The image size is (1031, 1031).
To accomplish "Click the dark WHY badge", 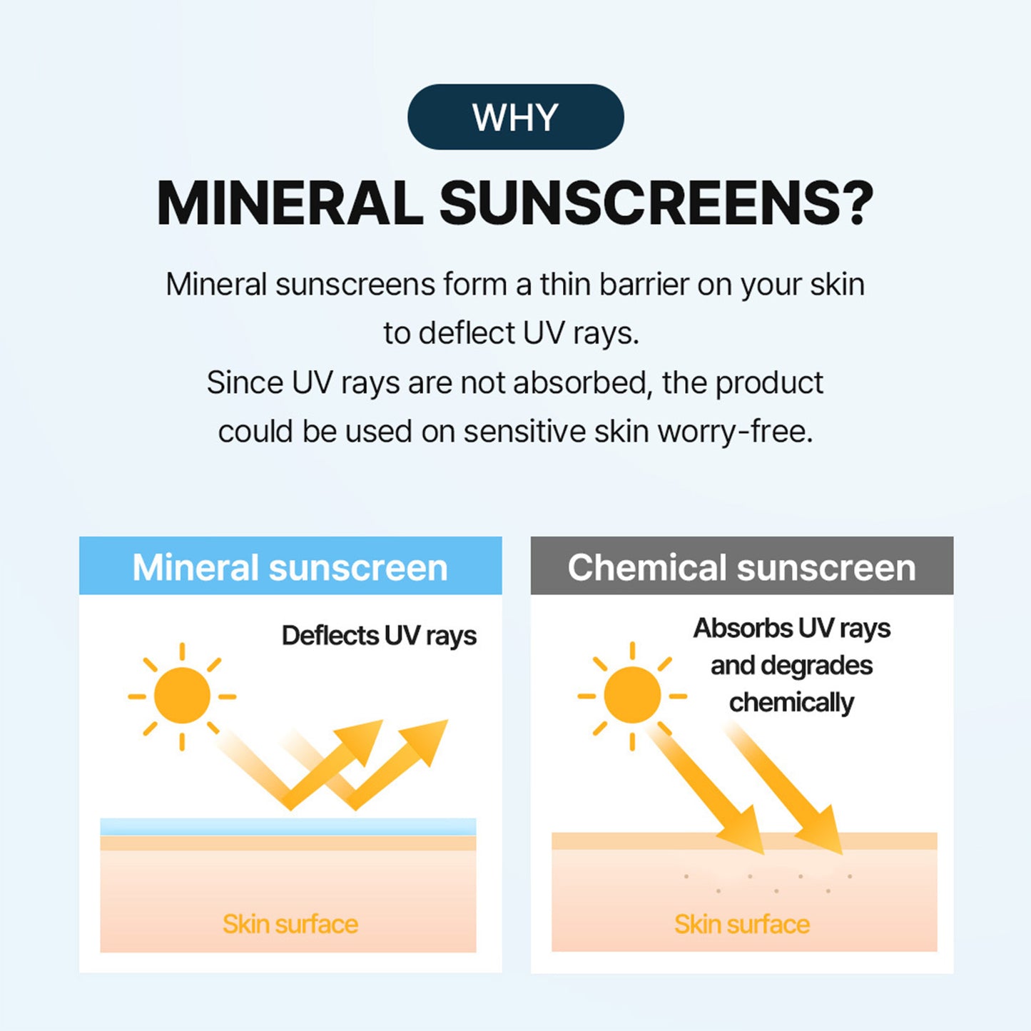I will [515, 117].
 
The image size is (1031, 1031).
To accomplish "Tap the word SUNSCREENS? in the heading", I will [656, 203].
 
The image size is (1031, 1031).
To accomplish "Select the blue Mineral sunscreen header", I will [290, 567].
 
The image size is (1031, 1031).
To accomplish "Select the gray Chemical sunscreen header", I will [741, 567].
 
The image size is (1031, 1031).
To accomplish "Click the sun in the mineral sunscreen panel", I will [182, 696].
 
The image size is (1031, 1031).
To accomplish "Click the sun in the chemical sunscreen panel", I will [632, 696].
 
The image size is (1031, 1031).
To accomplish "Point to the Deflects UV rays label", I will [379, 636].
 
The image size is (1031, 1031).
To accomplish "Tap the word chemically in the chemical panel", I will [791, 703].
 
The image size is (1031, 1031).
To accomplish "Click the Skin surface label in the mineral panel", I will [290, 924].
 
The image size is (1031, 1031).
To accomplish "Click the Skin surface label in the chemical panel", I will [742, 924].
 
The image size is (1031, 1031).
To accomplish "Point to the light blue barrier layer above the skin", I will [288, 827].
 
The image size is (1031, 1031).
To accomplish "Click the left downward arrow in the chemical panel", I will [713, 792].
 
